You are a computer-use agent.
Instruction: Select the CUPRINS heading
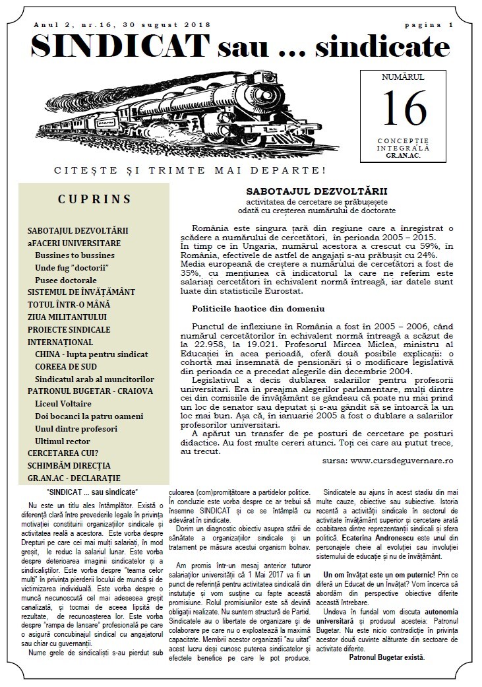[94, 199]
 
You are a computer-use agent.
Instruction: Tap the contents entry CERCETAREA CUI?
[63, 453]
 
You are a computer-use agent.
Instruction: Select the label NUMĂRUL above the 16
[403, 78]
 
